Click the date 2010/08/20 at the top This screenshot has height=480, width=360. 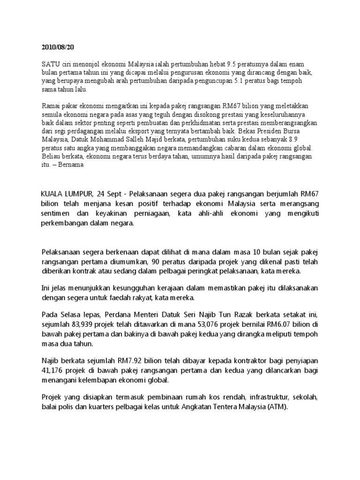(x=58, y=47)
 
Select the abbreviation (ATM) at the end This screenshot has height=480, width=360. (x=278, y=407)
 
